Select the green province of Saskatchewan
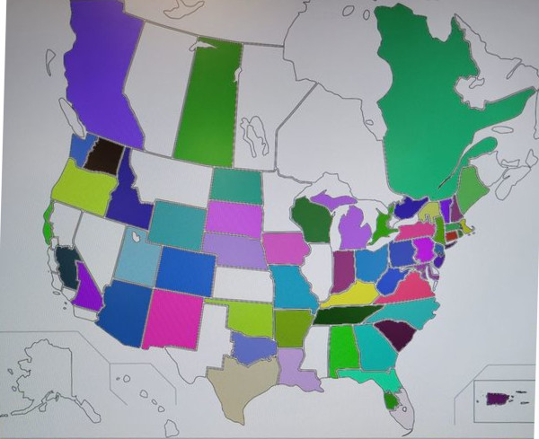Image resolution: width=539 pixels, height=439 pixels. (x=208, y=103)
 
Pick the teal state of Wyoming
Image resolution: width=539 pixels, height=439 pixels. (x=176, y=225)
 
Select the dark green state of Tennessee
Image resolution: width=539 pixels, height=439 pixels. (x=346, y=315)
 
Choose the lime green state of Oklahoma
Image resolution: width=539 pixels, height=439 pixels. (x=249, y=319)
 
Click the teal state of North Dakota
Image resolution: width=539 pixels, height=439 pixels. (x=235, y=185)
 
